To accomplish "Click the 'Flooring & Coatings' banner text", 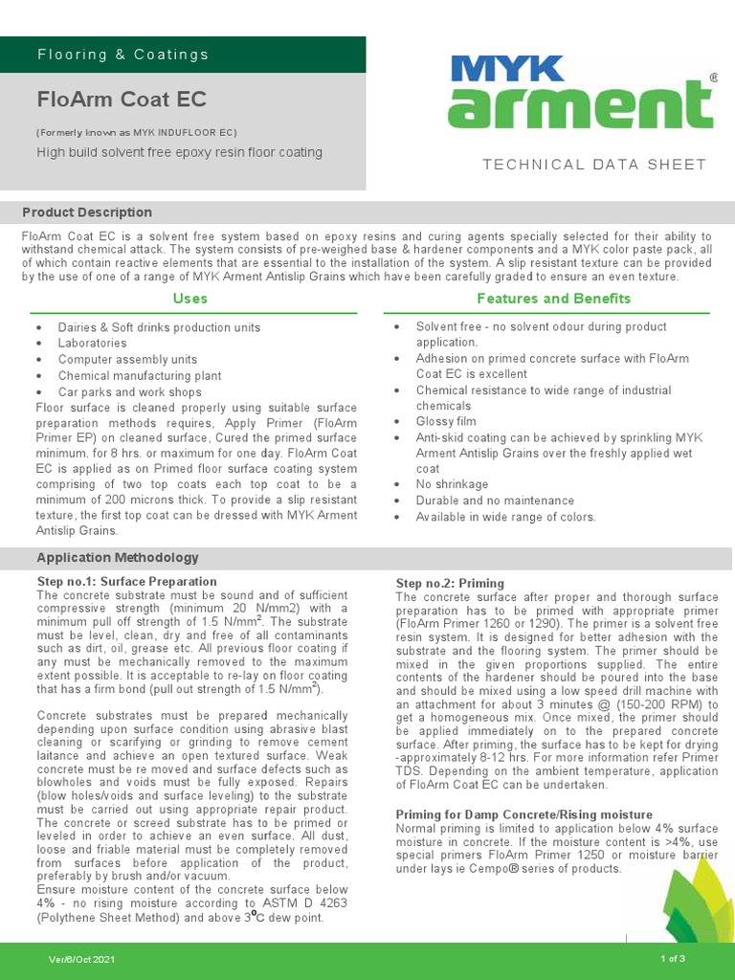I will tap(122, 55).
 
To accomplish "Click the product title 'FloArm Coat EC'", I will tap(122, 100).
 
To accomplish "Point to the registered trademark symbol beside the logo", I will tap(712, 77).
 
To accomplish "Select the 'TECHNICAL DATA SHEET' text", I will tap(594, 165).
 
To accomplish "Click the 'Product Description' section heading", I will tap(87, 212).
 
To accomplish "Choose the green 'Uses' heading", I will tap(189, 299).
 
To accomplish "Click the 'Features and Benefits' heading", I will tap(553, 299).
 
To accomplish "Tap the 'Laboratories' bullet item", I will tap(92, 343).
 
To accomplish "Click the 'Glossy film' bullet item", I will tap(445, 421).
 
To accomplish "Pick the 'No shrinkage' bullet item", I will tap(452, 484).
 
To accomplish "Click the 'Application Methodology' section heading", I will tap(118, 558).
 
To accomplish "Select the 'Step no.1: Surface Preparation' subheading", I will tap(126, 581).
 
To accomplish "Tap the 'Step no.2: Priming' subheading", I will tap(450, 583).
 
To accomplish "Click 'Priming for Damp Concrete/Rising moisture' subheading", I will tap(524, 814).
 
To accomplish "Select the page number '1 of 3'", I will tap(672, 959).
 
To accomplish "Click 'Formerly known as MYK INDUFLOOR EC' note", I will tap(137, 132).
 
